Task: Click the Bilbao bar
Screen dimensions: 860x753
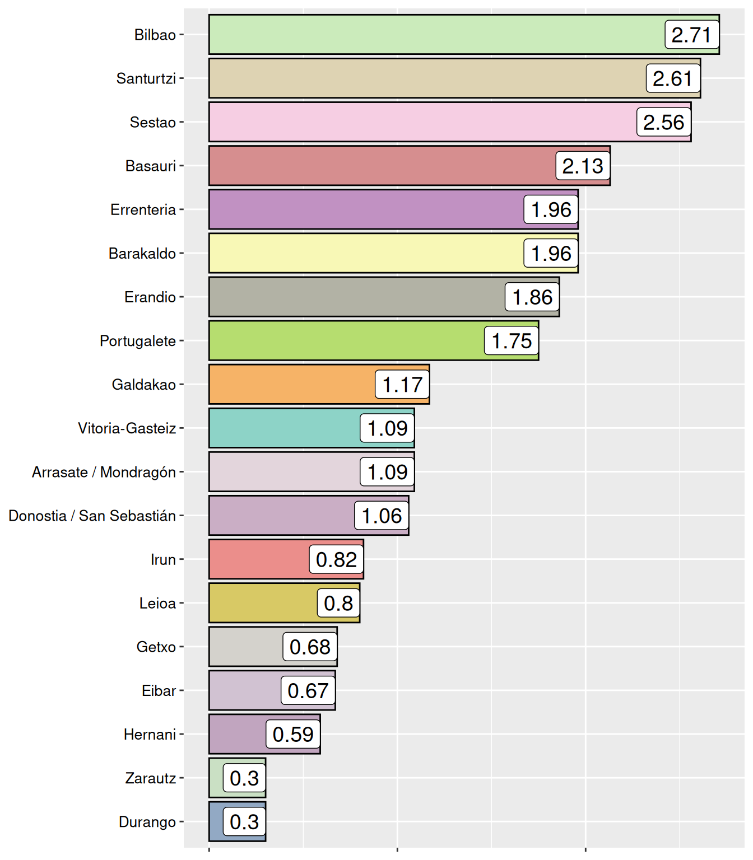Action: pos(437,35)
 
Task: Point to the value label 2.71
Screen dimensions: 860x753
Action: pos(691,35)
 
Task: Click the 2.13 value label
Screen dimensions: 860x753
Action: pos(583,166)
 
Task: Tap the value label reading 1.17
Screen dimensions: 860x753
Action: pos(402,385)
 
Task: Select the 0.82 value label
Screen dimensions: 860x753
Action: pos(336,559)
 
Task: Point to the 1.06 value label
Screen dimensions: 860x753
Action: pos(382,516)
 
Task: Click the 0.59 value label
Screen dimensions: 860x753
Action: pos(293,734)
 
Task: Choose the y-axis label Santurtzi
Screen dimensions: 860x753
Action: pos(146,78)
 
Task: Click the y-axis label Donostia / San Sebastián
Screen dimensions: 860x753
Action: pos(92,516)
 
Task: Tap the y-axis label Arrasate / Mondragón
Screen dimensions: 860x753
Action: pos(104,472)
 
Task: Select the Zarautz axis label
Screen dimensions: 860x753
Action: pos(151,778)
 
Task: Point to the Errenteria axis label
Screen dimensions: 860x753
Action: pos(143,210)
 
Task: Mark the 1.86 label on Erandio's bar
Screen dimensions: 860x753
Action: pos(532,297)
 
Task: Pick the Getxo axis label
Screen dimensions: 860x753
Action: pos(156,647)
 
